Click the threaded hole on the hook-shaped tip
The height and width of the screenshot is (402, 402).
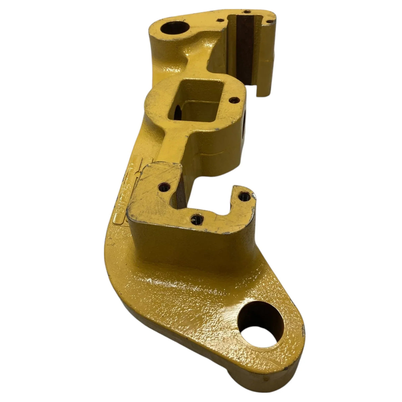(244, 195)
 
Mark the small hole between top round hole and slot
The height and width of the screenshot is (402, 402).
(219, 20)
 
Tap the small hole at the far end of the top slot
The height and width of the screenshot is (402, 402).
(247, 12)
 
